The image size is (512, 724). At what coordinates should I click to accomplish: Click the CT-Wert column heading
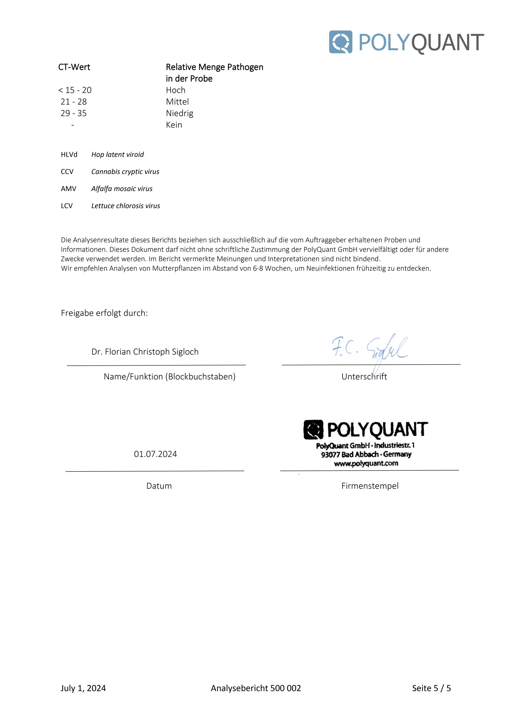74,67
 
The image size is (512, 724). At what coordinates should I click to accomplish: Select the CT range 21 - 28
74,102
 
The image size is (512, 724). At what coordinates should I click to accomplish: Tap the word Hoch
175,90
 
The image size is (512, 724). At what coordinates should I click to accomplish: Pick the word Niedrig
180,113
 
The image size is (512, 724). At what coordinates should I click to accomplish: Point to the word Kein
174,125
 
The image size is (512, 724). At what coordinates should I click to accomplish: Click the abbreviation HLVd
69,154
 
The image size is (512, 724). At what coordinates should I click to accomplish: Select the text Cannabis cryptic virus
125,172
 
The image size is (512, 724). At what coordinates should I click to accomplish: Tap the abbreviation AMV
68,189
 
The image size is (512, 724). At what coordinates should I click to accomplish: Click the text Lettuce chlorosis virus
126,206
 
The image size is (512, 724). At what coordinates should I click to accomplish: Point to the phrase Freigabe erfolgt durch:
104,313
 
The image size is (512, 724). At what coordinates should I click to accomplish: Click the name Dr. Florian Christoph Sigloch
145,352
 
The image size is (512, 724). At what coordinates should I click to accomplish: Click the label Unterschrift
364,376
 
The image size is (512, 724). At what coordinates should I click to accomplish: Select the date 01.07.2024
155,454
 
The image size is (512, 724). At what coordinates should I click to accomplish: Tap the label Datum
159,486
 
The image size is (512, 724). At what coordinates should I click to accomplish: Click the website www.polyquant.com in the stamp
366,463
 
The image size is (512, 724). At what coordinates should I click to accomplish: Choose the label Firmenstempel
370,486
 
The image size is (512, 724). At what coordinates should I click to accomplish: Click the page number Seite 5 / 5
431,688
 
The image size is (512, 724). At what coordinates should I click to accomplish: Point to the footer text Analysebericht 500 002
256,688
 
